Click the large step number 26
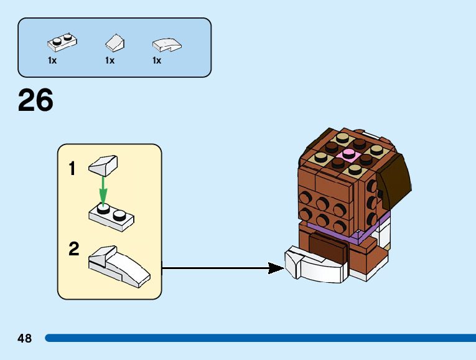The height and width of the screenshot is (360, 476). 35,100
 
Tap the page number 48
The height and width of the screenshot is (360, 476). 25,338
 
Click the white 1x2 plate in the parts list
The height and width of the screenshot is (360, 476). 62,42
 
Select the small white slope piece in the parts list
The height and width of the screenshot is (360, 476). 114,42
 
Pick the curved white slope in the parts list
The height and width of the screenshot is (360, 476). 167,45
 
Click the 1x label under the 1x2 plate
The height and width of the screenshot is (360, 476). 52,60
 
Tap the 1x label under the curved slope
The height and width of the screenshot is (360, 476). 157,60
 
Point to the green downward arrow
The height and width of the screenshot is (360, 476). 103,191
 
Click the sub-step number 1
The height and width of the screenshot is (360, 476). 72,168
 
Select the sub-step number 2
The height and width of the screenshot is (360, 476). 74,249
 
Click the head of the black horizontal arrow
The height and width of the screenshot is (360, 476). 276,268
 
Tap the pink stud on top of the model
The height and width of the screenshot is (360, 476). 348,154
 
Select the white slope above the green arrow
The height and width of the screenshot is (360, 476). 103,165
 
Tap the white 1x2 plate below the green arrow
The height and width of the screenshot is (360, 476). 111,217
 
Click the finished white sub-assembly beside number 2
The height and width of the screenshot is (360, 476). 119,266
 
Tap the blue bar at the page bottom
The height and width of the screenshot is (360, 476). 261,338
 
